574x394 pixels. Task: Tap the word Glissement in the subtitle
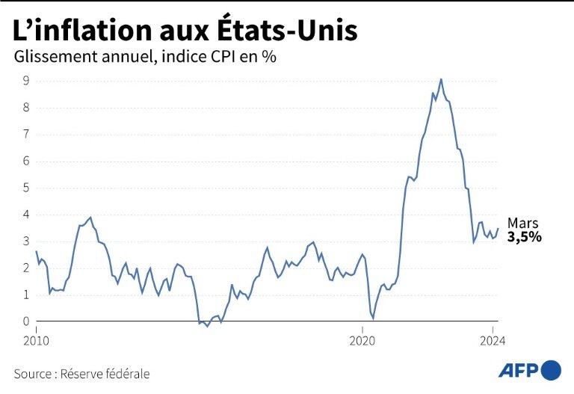click(x=57, y=57)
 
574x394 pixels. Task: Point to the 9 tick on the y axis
click(x=26, y=81)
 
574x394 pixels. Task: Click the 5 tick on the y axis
click(x=26, y=188)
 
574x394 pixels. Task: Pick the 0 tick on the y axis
click(x=26, y=321)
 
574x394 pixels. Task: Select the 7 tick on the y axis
click(x=26, y=135)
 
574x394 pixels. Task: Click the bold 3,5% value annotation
click(x=524, y=237)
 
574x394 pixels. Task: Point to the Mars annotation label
click(x=522, y=223)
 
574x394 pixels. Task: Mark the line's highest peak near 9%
click(x=441, y=79)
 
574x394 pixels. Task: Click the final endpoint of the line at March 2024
click(x=498, y=229)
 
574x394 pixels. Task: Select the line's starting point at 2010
click(x=36, y=251)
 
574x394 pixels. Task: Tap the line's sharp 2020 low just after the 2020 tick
click(x=373, y=318)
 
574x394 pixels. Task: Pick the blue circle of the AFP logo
click(x=551, y=369)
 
